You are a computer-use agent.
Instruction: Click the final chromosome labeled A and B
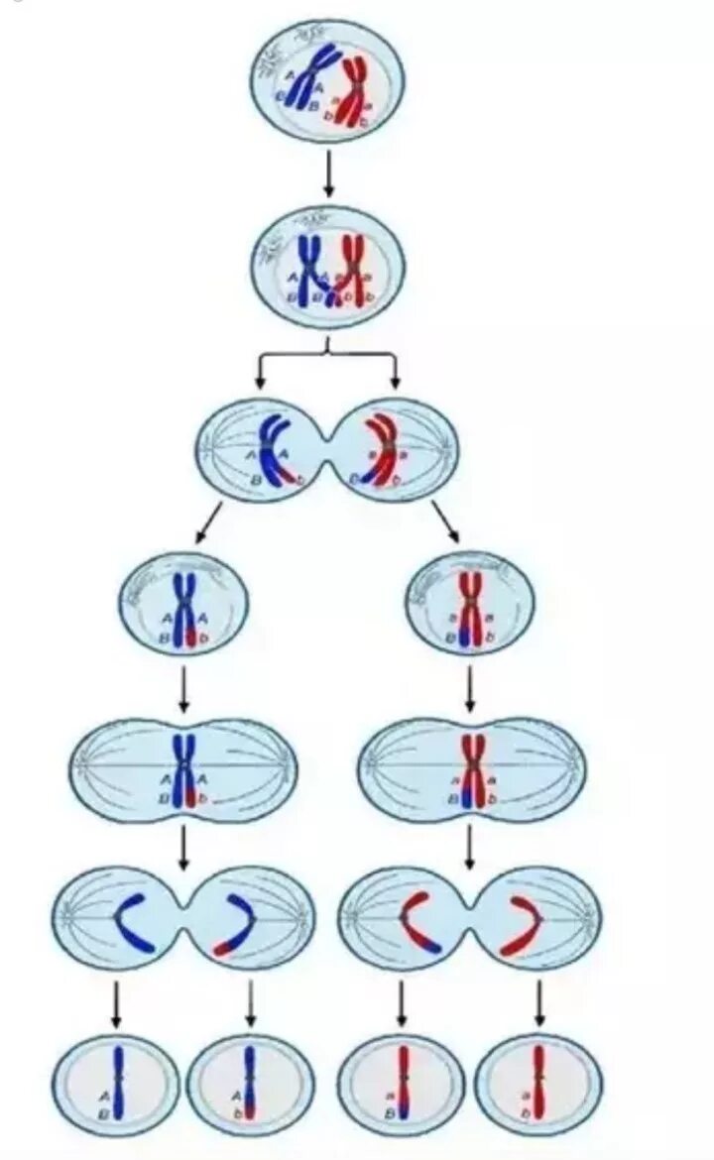coord(118,1084)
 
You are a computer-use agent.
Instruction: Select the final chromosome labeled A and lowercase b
coord(250,1084)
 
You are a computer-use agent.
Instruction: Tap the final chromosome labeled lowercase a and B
coord(402,1084)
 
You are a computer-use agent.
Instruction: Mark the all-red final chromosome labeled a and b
coord(538,1084)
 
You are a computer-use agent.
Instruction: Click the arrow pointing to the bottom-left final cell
coord(116,1003)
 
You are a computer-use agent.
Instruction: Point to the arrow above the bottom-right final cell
coord(538,1003)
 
